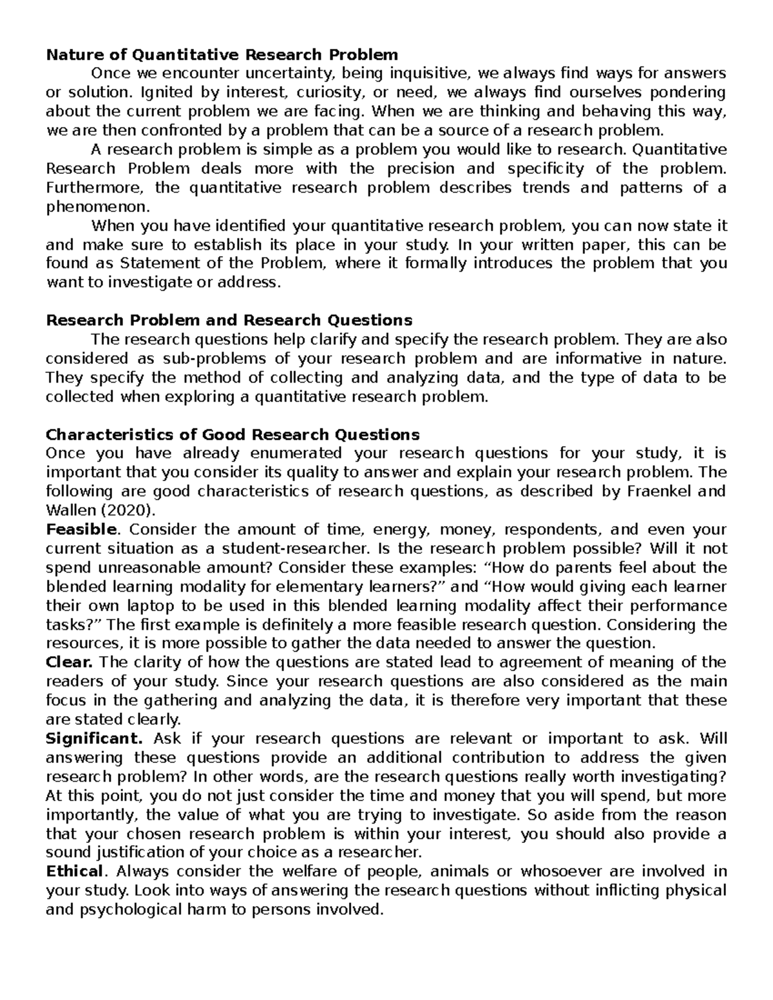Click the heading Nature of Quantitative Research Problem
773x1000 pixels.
click(x=222, y=54)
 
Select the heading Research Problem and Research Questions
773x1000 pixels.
click(x=229, y=320)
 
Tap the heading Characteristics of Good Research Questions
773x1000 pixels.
click(x=233, y=434)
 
